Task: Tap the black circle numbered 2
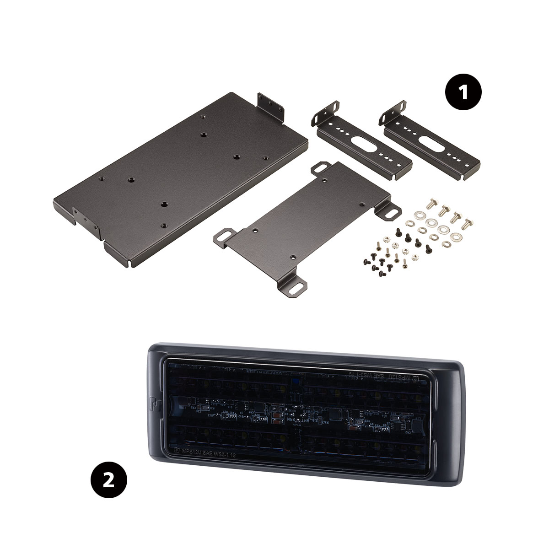point(108,481)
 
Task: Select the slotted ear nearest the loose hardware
point(392,213)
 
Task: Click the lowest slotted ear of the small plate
point(296,288)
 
